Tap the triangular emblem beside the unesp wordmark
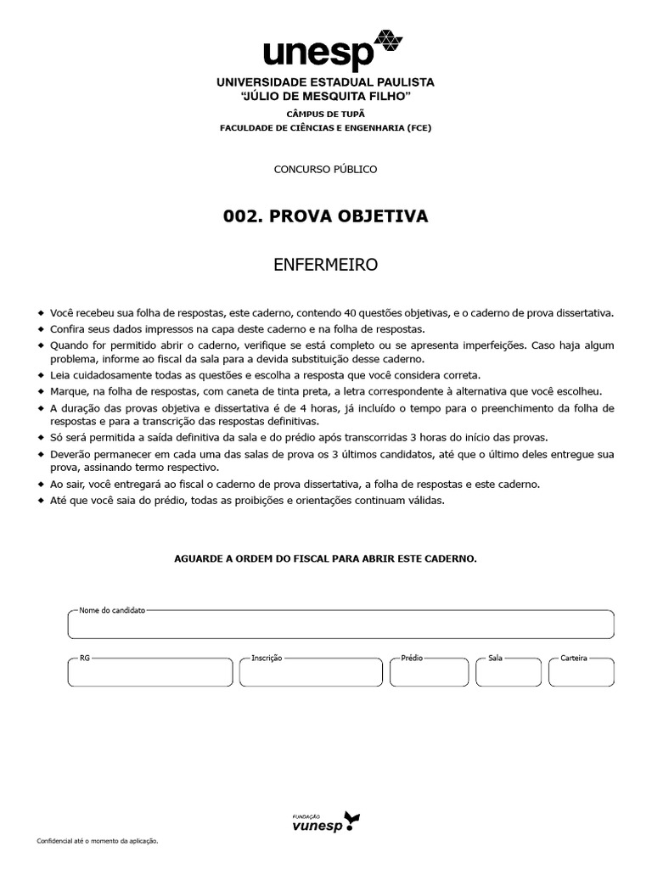point(389,41)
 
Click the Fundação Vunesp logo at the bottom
point(325,821)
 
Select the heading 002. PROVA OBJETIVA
point(325,216)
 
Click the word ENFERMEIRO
point(325,266)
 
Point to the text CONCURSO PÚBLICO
point(325,169)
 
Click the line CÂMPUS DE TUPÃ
point(325,113)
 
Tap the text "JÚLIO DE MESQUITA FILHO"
point(325,97)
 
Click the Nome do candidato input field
point(340,625)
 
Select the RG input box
point(149,672)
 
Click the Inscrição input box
point(311,672)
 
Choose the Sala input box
point(509,672)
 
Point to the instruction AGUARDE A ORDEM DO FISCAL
point(325,558)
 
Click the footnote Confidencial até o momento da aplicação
point(98,840)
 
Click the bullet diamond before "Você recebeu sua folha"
point(40,313)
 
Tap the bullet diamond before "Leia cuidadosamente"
point(40,375)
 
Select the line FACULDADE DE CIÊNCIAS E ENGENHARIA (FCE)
point(325,127)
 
